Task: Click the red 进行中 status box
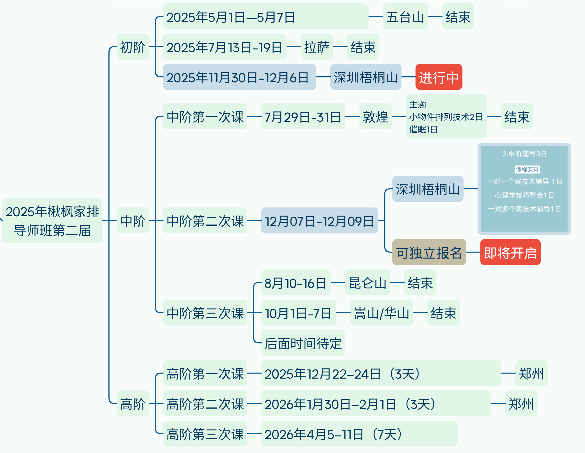click(x=438, y=77)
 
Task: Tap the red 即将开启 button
click(x=510, y=252)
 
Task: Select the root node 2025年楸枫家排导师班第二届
click(x=52, y=221)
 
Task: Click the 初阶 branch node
click(x=133, y=47)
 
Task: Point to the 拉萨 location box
click(x=316, y=47)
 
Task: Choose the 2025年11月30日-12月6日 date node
click(x=239, y=77)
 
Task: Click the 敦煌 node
click(x=375, y=116)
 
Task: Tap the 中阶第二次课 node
click(x=205, y=221)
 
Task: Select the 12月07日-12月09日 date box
click(x=319, y=221)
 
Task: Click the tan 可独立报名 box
click(x=429, y=252)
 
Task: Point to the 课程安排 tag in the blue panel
click(x=527, y=169)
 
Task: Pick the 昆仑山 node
click(x=367, y=283)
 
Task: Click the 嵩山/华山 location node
click(x=381, y=313)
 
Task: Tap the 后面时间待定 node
click(x=303, y=343)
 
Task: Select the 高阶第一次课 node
click(x=205, y=373)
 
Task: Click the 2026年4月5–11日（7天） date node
click(x=359, y=434)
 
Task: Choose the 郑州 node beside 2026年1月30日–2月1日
click(x=521, y=403)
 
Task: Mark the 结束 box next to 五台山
click(x=458, y=17)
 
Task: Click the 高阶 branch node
click(x=133, y=403)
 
